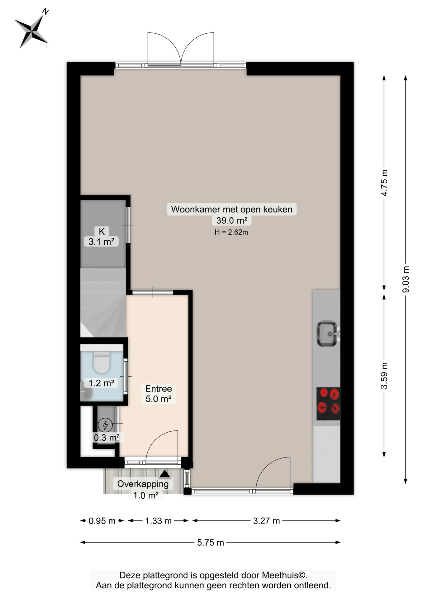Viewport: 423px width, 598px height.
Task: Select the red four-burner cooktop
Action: click(x=328, y=404)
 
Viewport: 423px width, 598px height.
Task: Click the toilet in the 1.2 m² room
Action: click(x=102, y=362)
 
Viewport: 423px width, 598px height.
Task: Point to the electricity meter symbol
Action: click(x=105, y=425)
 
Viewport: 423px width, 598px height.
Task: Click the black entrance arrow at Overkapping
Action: click(x=165, y=474)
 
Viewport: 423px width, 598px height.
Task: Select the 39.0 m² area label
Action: click(x=232, y=221)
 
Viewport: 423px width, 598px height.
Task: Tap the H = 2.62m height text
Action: click(x=231, y=232)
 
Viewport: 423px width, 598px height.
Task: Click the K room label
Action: click(x=102, y=231)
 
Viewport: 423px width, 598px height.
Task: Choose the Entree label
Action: click(x=159, y=388)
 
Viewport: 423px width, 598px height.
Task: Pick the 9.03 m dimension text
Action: click(x=406, y=279)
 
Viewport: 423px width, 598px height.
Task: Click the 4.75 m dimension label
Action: click(x=384, y=183)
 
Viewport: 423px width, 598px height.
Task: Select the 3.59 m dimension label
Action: click(x=384, y=376)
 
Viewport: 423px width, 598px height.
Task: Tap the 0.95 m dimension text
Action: click(x=102, y=521)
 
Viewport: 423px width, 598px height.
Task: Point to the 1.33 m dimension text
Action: click(x=158, y=521)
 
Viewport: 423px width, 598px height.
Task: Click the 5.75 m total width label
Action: click(x=211, y=543)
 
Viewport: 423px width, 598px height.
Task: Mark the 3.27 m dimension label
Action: click(x=266, y=521)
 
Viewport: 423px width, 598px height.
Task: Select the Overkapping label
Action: click(x=143, y=484)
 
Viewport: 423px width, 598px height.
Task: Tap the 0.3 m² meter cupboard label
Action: click(x=107, y=438)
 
